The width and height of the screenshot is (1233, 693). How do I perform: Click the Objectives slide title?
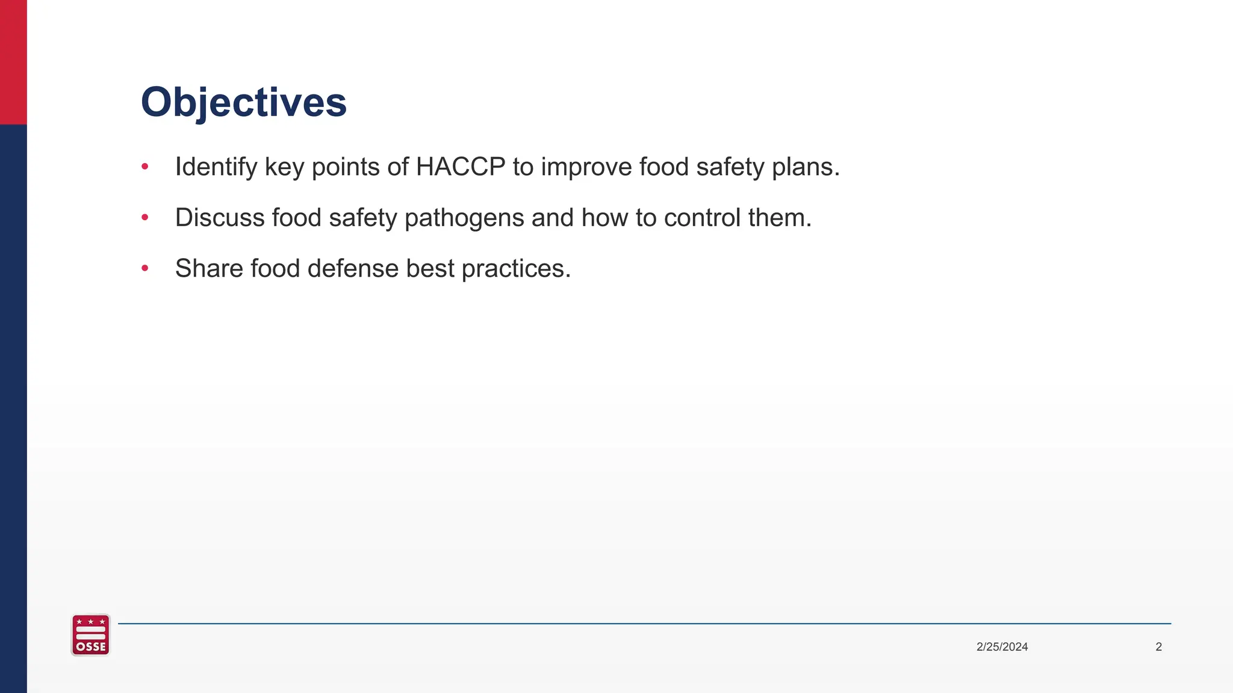244,102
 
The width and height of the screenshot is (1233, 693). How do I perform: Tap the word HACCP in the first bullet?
461,167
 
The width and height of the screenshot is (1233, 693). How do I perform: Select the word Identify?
216,167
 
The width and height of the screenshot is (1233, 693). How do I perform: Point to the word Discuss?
220,218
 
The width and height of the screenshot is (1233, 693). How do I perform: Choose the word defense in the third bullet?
353,268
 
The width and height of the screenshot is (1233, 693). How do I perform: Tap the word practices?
515,269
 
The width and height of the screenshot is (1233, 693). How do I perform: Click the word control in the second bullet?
702,218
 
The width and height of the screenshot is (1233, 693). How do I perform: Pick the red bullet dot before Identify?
144,167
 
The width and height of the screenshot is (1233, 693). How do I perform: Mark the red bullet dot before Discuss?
144,217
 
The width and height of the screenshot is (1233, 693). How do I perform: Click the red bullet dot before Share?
144,268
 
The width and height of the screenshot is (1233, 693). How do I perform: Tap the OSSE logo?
91,635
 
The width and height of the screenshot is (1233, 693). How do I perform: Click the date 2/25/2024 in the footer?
1002,647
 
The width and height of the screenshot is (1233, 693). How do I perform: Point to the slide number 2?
1158,647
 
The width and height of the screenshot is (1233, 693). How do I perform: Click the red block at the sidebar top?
13,61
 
